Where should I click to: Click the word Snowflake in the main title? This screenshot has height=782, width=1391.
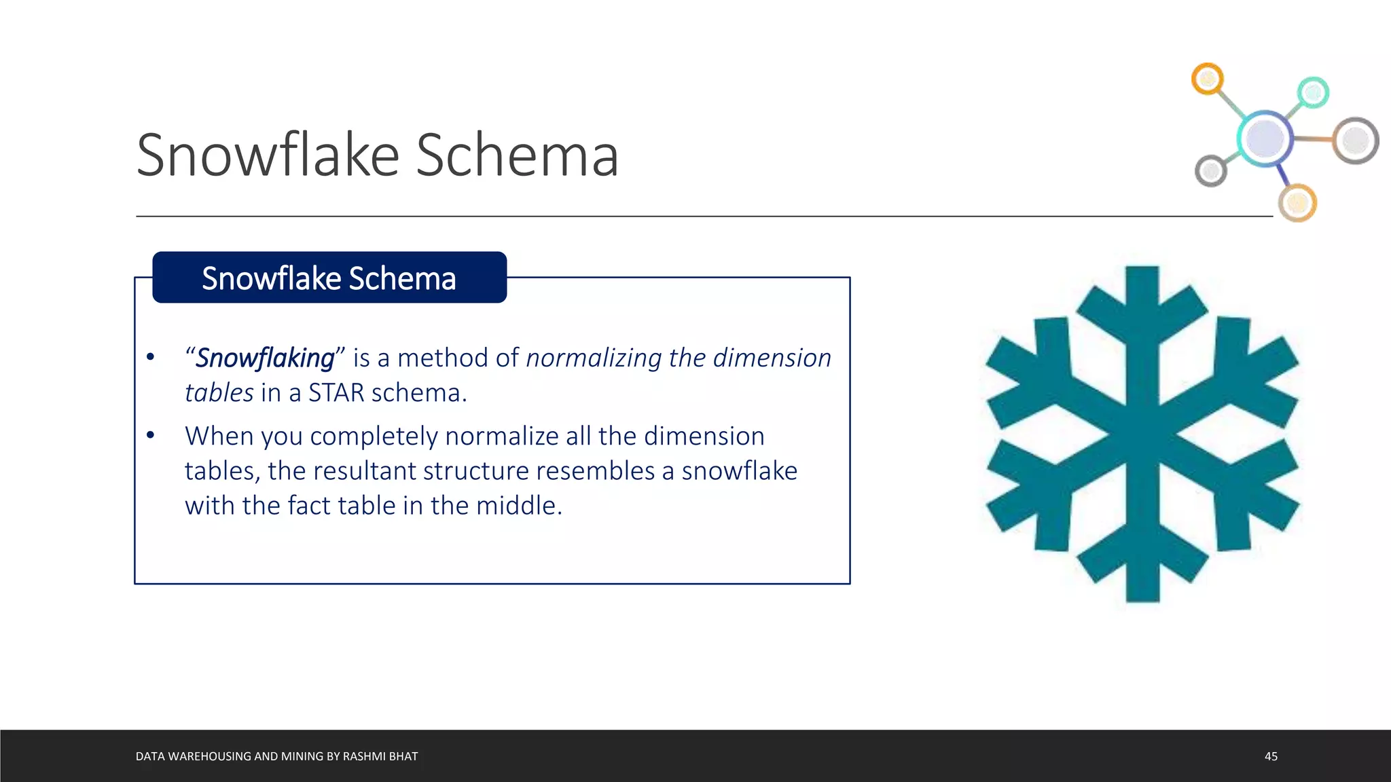(x=268, y=156)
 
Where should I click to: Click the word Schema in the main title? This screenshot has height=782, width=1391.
(x=517, y=156)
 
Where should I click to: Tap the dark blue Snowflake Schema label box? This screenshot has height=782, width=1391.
(x=329, y=278)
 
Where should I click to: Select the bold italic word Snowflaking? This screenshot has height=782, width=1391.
(x=265, y=358)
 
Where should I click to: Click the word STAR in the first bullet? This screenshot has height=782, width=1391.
(x=336, y=393)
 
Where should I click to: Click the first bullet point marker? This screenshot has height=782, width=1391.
(x=151, y=357)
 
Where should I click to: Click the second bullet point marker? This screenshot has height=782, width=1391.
(x=151, y=435)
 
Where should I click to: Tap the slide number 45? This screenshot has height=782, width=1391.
(x=1271, y=756)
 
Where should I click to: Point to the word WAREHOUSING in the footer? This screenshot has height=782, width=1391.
(x=209, y=756)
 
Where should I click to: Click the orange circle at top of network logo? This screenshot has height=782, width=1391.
(x=1207, y=79)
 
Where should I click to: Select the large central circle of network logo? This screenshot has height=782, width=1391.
(x=1264, y=138)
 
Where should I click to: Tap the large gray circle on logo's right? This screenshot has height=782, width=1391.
(x=1355, y=141)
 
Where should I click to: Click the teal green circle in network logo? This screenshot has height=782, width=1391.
(x=1313, y=92)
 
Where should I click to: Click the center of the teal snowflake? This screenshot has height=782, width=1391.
(x=1142, y=433)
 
